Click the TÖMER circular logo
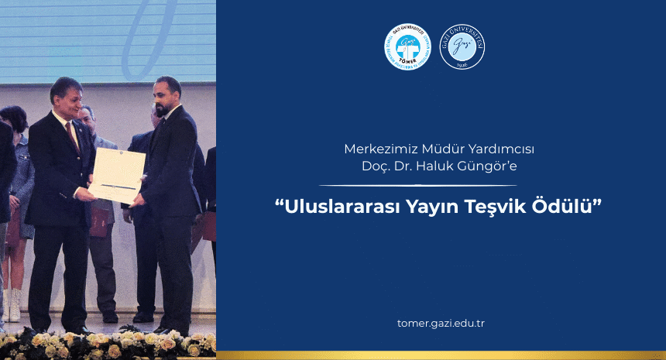[x=407, y=48]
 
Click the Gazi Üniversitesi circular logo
[x=462, y=48]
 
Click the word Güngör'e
[x=491, y=166]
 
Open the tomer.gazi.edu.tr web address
[x=440, y=323]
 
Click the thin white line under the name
[x=418, y=186]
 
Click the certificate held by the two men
[x=116, y=175]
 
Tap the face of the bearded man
[x=164, y=97]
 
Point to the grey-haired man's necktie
[x=75, y=135]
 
